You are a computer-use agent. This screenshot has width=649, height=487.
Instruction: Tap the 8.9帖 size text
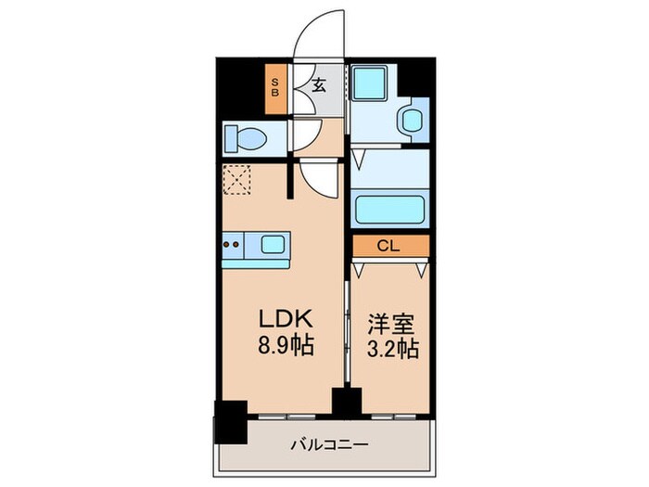[286, 348]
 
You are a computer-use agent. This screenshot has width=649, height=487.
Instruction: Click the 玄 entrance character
[318, 86]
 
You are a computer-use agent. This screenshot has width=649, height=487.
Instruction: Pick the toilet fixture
[247, 140]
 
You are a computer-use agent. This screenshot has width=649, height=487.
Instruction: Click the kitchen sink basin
[274, 246]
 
